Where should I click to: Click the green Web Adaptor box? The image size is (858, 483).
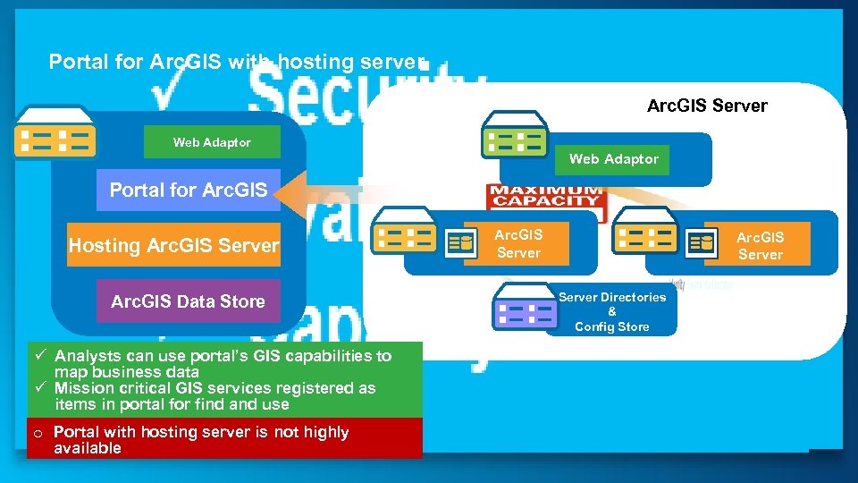[212, 142]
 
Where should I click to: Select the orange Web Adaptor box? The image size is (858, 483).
[613, 159]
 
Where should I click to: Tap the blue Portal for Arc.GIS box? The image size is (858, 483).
[188, 190]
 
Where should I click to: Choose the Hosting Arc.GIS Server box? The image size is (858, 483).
[173, 246]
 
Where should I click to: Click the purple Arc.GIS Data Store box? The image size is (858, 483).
[188, 301]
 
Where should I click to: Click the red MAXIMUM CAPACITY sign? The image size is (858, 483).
[545, 197]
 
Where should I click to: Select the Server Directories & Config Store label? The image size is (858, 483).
[611, 311]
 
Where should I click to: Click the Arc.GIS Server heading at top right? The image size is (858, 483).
[706, 106]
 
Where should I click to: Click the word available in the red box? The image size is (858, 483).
[87, 448]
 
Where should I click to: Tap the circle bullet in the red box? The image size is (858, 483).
[38, 433]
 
